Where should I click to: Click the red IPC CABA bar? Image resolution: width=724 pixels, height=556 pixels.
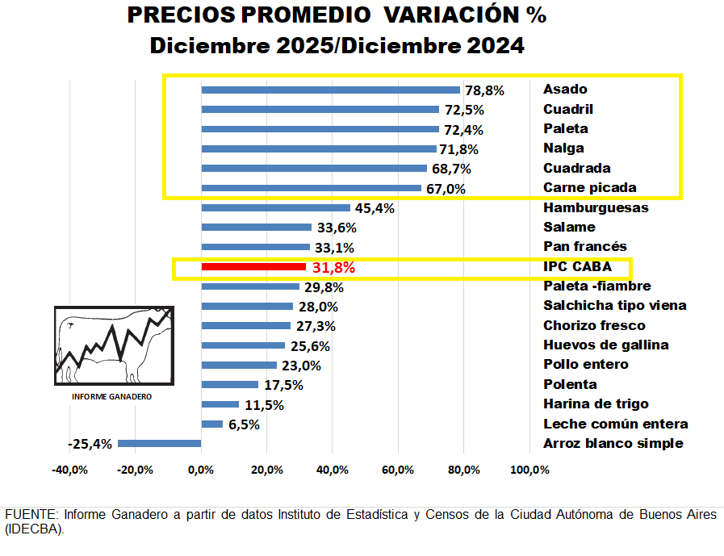pyautogui.click(x=253, y=267)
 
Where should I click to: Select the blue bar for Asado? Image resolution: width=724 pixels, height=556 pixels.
pyautogui.click(x=330, y=90)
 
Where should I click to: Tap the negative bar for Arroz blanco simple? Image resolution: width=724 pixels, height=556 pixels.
pyautogui.click(x=159, y=443)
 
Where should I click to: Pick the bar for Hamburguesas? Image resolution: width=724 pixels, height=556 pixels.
pyautogui.click(x=275, y=207)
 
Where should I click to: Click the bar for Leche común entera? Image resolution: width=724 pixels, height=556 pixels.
pyautogui.click(x=211, y=424)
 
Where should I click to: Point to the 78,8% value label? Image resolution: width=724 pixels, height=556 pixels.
pyautogui.click(x=484, y=90)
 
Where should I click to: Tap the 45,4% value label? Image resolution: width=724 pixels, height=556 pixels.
pyautogui.click(x=375, y=208)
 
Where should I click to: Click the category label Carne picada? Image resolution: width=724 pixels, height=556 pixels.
pyautogui.click(x=589, y=188)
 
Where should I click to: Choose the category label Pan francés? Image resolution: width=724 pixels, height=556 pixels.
pyautogui.click(x=584, y=247)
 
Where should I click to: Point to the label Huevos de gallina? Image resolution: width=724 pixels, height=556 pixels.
pyautogui.click(x=605, y=345)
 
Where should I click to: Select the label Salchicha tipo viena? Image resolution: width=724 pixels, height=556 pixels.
pyautogui.click(x=614, y=306)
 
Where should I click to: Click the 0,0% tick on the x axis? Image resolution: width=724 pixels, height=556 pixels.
pyautogui.click(x=201, y=470)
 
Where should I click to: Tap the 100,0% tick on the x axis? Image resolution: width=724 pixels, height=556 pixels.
pyautogui.click(x=529, y=470)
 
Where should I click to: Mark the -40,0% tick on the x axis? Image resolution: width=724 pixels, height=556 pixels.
pyautogui.click(x=69, y=470)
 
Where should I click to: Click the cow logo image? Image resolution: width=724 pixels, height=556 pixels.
pyautogui.click(x=113, y=345)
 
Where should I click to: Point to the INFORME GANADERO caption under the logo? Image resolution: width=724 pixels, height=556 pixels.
pyautogui.click(x=112, y=397)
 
